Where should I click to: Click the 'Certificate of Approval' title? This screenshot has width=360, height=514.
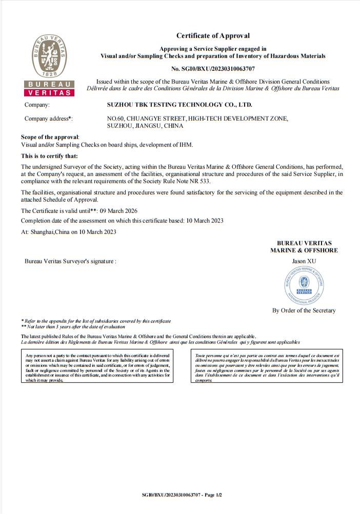(213, 35)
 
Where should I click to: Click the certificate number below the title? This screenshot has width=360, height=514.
(213, 68)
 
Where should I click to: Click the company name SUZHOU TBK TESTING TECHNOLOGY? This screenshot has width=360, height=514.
(179, 105)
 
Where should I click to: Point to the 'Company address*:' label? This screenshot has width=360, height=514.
(49, 118)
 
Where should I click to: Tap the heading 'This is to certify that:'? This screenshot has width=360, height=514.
(49, 156)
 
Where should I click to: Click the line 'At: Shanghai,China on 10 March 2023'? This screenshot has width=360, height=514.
(69, 231)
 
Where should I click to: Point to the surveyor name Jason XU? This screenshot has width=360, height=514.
(304, 261)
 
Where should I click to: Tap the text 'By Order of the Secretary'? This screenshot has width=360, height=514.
(304, 310)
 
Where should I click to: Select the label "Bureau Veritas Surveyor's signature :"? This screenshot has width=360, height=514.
(71, 261)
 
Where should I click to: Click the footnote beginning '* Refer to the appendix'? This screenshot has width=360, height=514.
(96, 321)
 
